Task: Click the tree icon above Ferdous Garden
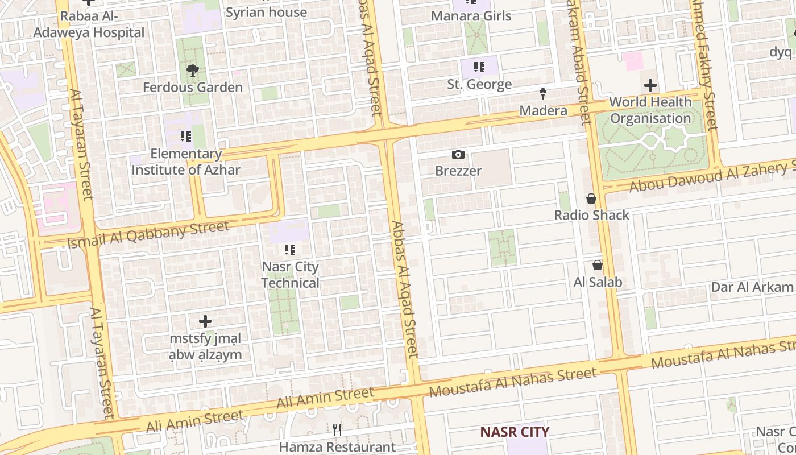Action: coord(193,71)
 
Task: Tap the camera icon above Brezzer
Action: coord(458,154)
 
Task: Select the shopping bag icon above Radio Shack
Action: coord(591,198)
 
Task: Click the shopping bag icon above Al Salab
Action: coord(598,265)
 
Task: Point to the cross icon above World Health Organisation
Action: coord(650,85)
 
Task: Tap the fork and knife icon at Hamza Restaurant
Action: coord(338,430)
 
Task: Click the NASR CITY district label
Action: coord(515,432)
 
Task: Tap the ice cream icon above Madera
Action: coord(543,93)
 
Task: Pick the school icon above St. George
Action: coord(479,68)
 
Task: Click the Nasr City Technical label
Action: coord(291,275)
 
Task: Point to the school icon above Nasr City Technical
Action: coord(290,250)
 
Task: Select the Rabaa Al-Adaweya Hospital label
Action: coord(89,24)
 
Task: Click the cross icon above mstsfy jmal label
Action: coord(205,321)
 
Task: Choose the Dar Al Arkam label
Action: coord(752,287)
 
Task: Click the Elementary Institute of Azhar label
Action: coord(186,162)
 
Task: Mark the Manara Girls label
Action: coord(471,16)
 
